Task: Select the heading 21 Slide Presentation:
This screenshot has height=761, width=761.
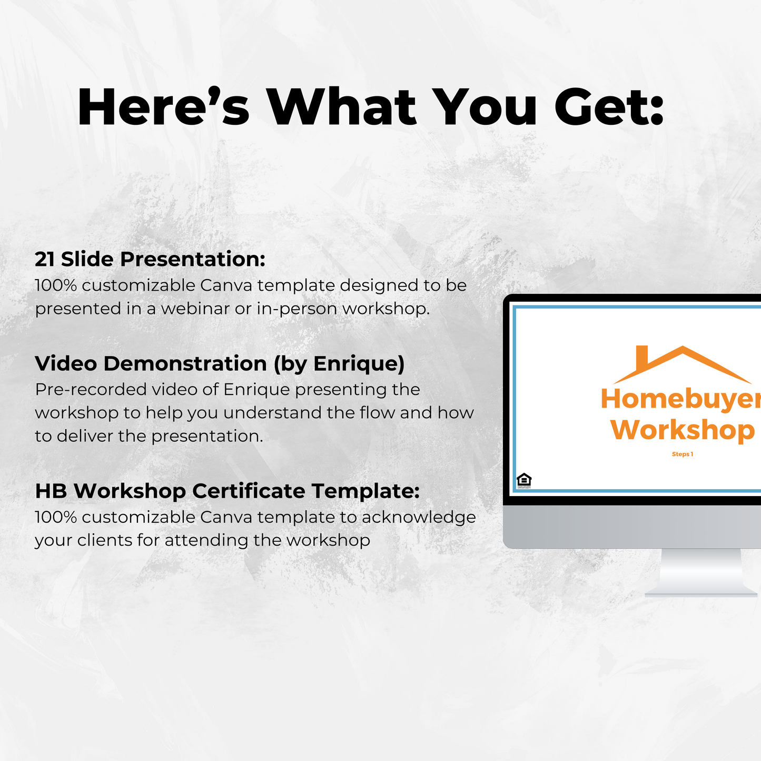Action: click(x=150, y=259)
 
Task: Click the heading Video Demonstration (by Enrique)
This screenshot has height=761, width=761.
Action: click(x=220, y=363)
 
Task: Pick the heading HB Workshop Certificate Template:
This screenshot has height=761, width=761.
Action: click(x=227, y=491)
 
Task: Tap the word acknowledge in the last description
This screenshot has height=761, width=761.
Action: click(x=419, y=517)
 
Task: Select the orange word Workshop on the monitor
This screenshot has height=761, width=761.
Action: click(x=683, y=430)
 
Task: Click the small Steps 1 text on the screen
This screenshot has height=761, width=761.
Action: click(x=683, y=454)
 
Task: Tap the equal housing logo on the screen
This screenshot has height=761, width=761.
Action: click(x=524, y=480)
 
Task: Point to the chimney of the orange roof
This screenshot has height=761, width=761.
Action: click(x=641, y=358)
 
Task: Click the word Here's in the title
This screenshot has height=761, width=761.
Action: click(x=163, y=107)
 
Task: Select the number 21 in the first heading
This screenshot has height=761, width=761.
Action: click(x=45, y=259)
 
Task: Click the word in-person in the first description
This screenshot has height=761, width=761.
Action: click(x=297, y=309)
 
